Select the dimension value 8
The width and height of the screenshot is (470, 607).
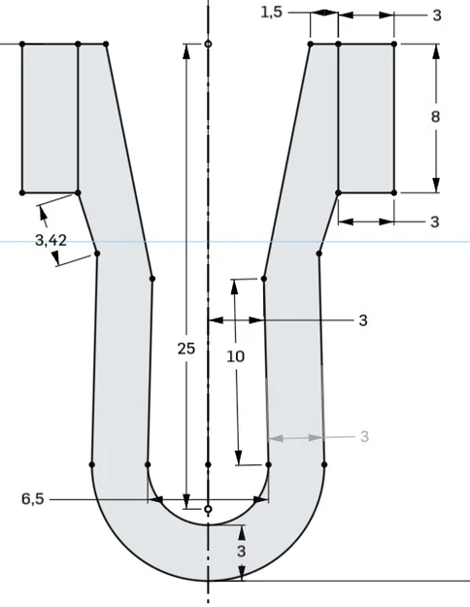click(436, 117)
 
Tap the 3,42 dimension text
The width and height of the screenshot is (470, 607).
click(50, 239)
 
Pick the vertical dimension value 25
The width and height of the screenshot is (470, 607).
click(186, 347)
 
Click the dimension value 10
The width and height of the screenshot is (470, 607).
click(235, 356)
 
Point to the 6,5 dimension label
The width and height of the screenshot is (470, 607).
click(32, 499)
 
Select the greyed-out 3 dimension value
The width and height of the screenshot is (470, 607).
click(364, 437)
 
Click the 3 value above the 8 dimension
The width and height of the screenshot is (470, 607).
click(436, 15)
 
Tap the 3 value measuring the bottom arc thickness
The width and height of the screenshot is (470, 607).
click(242, 552)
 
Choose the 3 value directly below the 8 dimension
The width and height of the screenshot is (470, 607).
click(434, 221)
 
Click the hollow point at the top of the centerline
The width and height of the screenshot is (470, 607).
click(208, 45)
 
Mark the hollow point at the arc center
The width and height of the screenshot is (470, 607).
click(208, 508)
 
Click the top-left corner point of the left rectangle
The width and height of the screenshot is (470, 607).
click(22, 45)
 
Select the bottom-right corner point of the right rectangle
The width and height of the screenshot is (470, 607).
click(394, 193)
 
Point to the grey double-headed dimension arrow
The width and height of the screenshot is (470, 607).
click(296, 438)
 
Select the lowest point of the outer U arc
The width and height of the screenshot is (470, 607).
click(208, 581)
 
